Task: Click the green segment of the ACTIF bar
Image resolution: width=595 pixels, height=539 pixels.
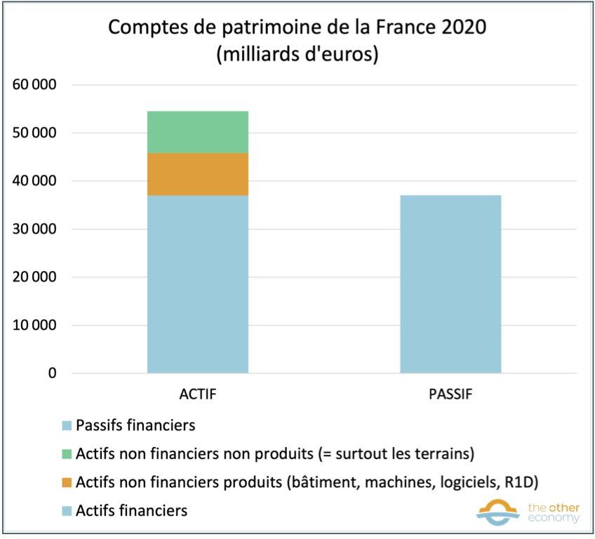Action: (197, 132)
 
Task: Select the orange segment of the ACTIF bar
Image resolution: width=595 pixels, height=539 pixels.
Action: (197, 174)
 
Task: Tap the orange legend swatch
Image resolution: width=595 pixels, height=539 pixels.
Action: (67, 482)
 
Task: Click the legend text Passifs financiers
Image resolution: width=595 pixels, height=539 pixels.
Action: (135, 425)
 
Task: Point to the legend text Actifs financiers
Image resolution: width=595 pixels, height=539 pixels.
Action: (131, 510)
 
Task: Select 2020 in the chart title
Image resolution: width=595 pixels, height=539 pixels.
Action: (461, 29)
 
